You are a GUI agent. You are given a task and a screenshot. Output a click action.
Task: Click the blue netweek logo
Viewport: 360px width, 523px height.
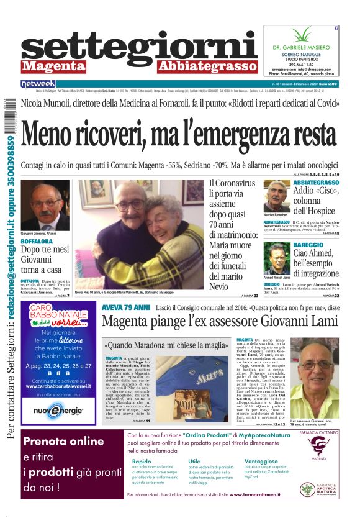38,83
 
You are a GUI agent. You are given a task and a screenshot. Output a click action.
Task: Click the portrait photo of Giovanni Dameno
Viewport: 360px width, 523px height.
45,205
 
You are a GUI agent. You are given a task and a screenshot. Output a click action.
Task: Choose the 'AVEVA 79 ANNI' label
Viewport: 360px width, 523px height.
126,307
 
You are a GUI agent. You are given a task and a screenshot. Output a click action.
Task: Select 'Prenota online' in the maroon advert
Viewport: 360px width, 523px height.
63,442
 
